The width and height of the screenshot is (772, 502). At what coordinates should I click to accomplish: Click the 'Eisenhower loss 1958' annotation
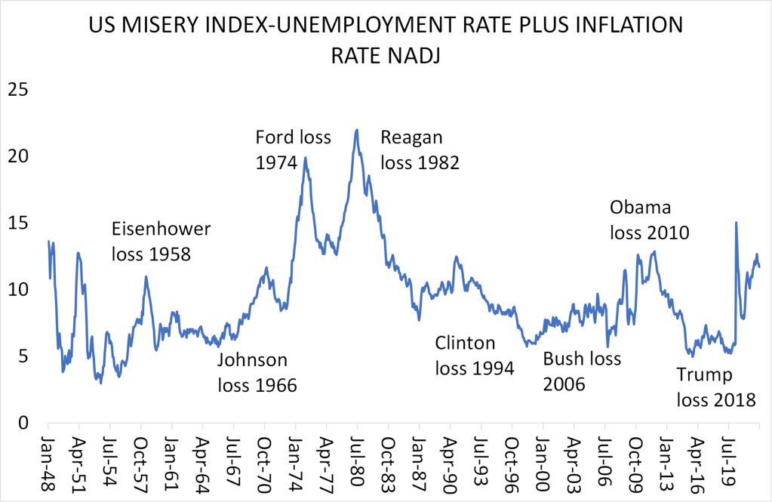pyautogui.click(x=161, y=242)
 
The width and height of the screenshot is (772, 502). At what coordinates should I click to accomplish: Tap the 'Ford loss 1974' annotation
pyautogui.click(x=284, y=149)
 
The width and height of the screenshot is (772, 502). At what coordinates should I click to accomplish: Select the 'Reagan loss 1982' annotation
pyautogui.click(x=420, y=149)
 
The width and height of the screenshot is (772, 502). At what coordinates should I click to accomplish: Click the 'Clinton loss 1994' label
pyautogui.click(x=474, y=356)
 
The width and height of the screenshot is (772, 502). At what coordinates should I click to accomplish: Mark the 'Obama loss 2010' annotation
pyautogui.click(x=649, y=220)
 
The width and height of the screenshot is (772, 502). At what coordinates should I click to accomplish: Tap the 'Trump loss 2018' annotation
pyautogui.click(x=715, y=387)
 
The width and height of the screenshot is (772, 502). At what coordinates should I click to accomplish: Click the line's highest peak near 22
pyautogui.click(x=357, y=130)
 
